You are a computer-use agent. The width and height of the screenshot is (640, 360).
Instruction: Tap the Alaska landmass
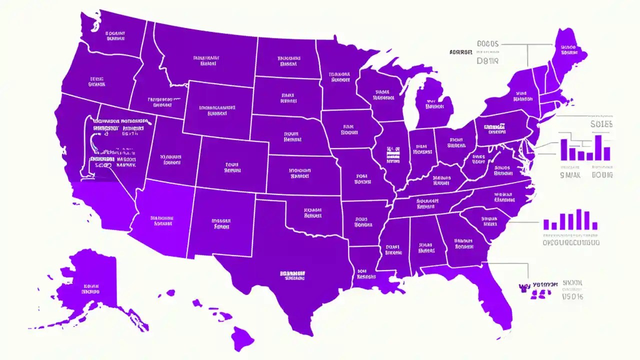pos(92,285)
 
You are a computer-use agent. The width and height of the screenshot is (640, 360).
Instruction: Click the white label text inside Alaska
pos(90,287)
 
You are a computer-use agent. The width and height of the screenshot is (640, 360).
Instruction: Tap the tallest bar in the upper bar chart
pos(598,147)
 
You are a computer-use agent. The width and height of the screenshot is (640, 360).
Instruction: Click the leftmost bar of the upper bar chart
pos(564,149)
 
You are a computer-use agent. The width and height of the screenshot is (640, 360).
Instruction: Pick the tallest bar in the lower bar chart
pos(579,219)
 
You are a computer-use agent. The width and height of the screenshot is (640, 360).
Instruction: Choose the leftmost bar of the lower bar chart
pos(546,224)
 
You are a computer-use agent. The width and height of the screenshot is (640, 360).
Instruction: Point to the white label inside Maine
pos(568,49)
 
